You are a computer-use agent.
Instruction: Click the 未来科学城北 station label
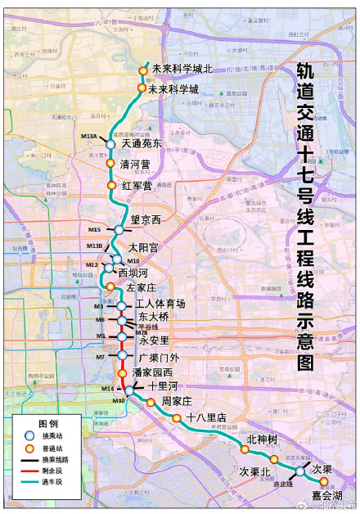180,70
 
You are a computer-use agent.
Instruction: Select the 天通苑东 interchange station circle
111,144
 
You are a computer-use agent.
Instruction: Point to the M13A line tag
89,136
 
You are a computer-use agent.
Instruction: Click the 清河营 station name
135,165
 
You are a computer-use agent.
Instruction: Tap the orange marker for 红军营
113,186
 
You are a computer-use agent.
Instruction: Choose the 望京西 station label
146,220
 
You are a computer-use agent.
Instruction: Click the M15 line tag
94,230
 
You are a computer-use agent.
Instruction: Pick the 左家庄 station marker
110,286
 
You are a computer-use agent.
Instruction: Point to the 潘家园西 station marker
122,373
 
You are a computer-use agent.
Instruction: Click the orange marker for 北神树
245,449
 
